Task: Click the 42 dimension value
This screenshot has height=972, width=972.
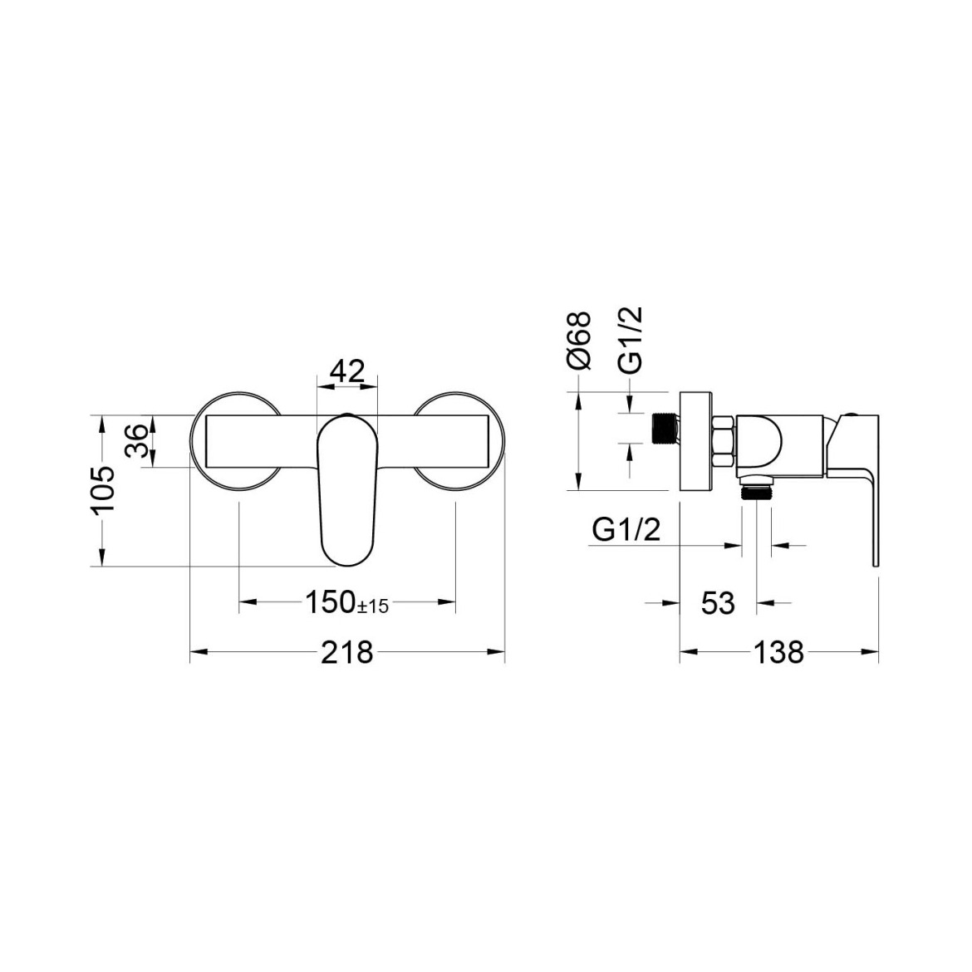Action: [346, 372]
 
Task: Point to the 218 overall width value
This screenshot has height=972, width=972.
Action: [347, 652]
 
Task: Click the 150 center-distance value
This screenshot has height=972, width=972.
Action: [331, 602]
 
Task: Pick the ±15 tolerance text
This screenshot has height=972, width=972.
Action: [373, 606]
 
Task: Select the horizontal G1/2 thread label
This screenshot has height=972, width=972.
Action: [626, 530]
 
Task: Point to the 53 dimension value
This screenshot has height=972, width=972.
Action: [718, 602]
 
